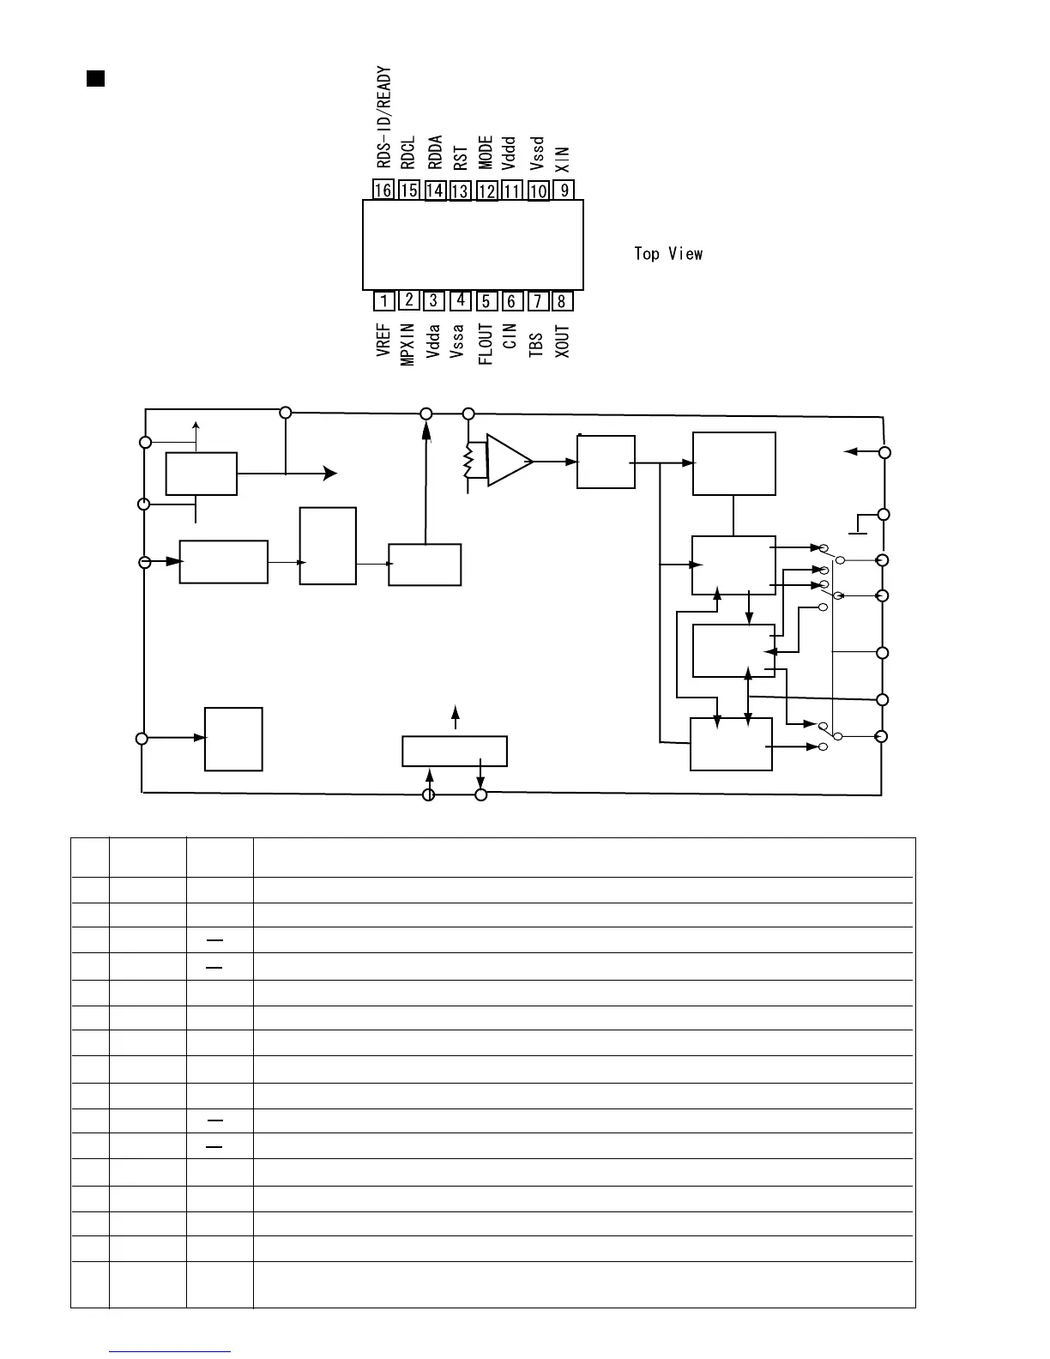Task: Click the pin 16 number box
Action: pos(383,190)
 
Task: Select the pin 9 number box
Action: pos(564,190)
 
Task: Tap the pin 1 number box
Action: pos(383,301)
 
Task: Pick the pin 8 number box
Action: pos(562,301)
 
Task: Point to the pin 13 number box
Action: pos(461,190)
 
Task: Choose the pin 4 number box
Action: pos(461,299)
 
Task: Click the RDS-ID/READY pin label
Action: pos(383,118)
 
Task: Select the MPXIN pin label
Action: pos(408,344)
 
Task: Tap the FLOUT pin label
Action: pos(486,344)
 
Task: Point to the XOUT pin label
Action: pos(562,341)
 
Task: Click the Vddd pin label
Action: pos(510,154)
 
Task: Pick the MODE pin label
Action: pos(486,153)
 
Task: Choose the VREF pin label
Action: pos(383,340)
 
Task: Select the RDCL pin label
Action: pos(408,153)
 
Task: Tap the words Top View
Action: pos(668,254)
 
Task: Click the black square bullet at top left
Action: pos(95,79)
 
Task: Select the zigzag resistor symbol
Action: pos(468,462)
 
